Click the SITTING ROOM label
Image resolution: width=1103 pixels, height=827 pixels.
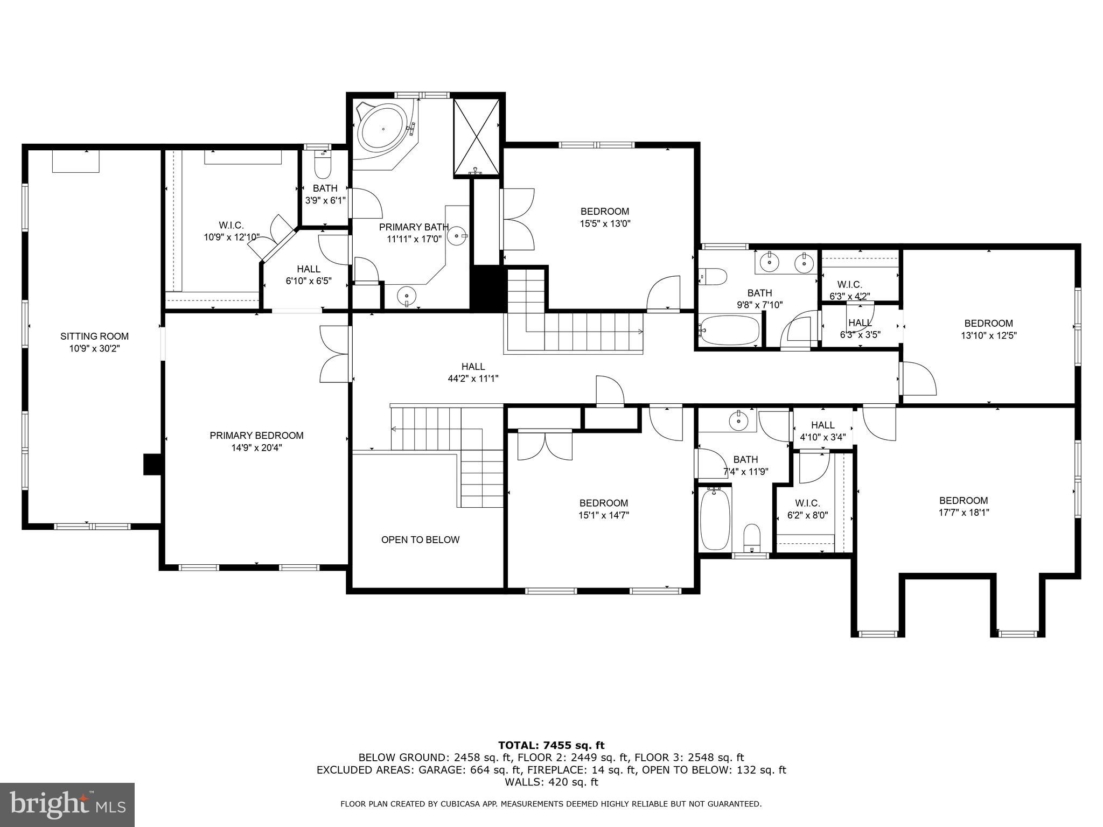pyautogui.click(x=94, y=337)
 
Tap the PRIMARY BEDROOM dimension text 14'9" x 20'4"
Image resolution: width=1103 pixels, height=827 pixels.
pyautogui.click(x=256, y=447)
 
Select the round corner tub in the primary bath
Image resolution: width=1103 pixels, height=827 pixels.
pyautogui.click(x=383, y=130)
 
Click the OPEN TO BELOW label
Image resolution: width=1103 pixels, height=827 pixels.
pyautogui.click(x=420, y=539)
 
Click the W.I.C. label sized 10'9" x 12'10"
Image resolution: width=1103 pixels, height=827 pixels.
pyautogui.click(x=231, y=225)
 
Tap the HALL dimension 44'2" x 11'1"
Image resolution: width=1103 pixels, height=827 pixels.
pyautogui.click(x=473, y=379)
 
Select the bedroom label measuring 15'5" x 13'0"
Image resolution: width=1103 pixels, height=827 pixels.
pyautogui.click(x=604, y=211)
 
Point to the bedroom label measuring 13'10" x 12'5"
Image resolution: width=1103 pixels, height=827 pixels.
pyautogui.click(x=988, y=323)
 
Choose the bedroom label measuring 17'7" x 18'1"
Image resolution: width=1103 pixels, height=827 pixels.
pyautogui.click(x=964, y=500)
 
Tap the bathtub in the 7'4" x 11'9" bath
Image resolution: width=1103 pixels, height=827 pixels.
pyautogui.click(x=715, y=517)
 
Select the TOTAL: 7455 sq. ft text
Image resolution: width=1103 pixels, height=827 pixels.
pyautogui.click(x=551, y=745)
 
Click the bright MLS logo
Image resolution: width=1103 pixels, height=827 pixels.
pyautogui.click(x=67, y=804)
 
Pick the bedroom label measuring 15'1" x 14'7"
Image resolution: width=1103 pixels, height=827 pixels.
pyautogui.click(x=603, y=503)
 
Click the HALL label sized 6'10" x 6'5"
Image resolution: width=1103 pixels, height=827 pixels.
pyautogui.click(x=308, y=269)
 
